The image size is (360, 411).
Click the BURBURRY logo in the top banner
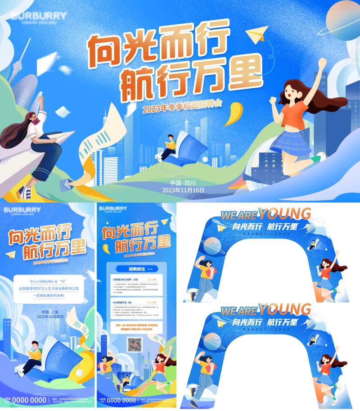38,16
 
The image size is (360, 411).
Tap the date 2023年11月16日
183,190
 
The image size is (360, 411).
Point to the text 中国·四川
183,183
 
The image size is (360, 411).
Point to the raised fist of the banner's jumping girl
323,63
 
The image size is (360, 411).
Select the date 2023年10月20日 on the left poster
47,316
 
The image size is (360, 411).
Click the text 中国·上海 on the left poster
47,311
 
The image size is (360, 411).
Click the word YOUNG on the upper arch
284,213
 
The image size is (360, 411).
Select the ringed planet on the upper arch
211,246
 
